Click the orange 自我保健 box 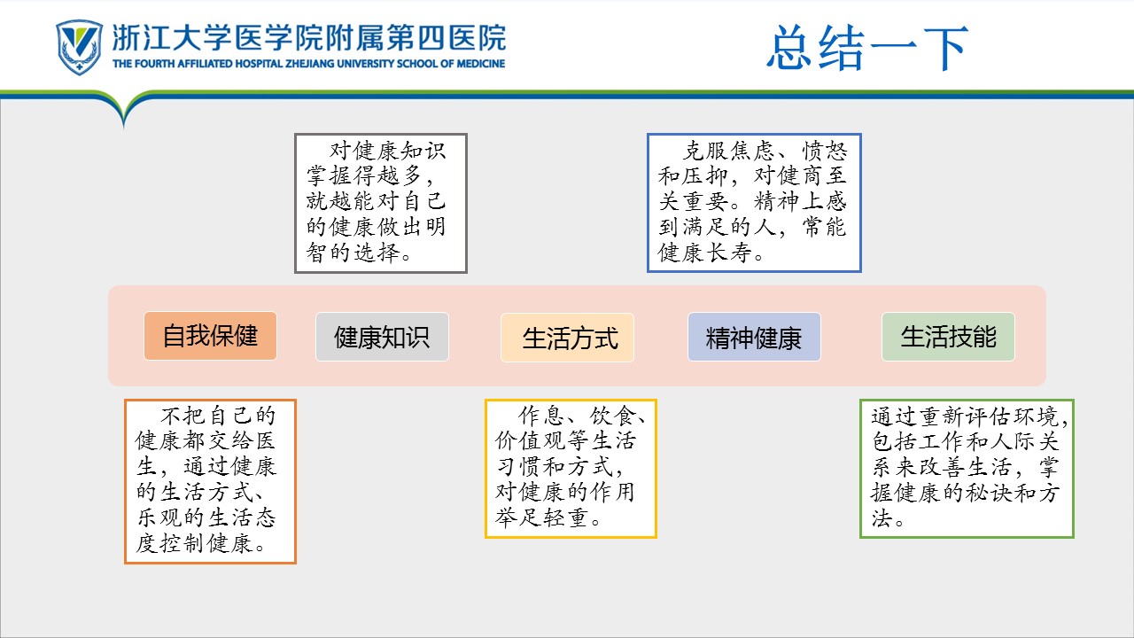[x=210, y=336]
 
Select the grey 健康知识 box [x=382, y=337]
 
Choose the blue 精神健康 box [x=754, y=337]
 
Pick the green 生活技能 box [x=948, y=337]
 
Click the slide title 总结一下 [x=867, y=48]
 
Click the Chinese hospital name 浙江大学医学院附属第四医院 [x=308, y=37]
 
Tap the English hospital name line [x=308, y=64]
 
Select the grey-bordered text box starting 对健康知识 [x=381, y=203]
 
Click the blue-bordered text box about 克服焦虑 [x=754, y=202]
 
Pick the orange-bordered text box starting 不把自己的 [x=210, y=481]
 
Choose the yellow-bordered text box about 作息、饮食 [x=571, y=468]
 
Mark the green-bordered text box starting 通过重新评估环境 [x=967, y=468]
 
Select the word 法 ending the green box [x=881, y=519]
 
